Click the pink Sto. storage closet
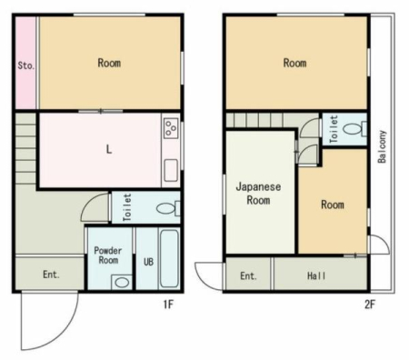[25, 63]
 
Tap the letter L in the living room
[109, 149]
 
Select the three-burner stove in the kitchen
[171, 128]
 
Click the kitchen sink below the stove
[171, 170]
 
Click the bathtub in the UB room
[169, 258]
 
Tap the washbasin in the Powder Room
[122, 282]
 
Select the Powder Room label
[108, 255]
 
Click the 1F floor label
[168, 304]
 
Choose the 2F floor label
[369, 305]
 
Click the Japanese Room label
[258, 193]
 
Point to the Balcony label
[382, 146]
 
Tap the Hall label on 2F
[316, 275]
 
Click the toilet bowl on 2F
[354, 129]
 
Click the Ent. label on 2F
[248, 275]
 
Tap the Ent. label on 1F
[51, 275]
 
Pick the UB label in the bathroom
[148, 261]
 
